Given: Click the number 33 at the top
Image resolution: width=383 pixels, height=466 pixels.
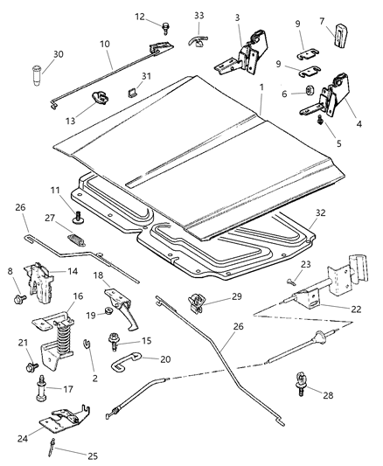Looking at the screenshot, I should pyautogui.click(x=199, y=16).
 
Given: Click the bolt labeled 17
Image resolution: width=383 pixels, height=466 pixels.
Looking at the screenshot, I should pyautogui.click(x=41, y=396).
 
